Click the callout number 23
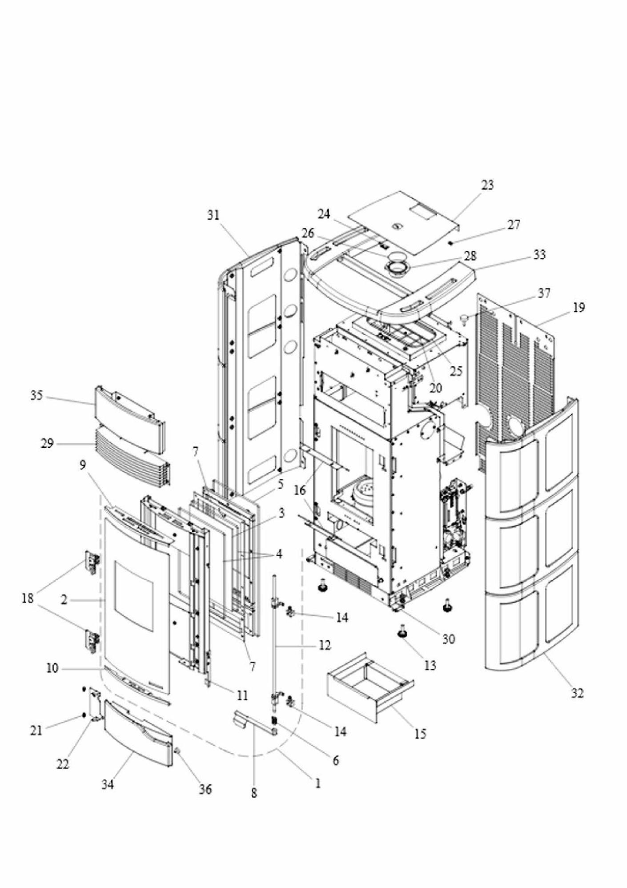[x=487, y=185]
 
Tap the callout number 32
[x=577, y=693]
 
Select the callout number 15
[x=420, y=734]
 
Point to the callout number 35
[x=36, y=395]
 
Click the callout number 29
[x=47, y=443]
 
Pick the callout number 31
[x=213, y=215]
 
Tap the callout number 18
[x=28, y=599]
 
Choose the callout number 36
[x=205, y=789]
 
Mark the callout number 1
[x=318, y=784]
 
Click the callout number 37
[x=544, y=293]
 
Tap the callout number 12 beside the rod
[x=325, y=645]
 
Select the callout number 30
[x=448, y=639]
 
